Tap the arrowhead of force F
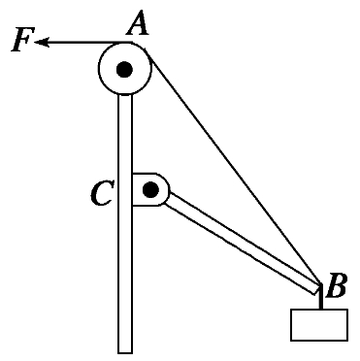[x=42, y=42]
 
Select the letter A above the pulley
[x=138, y=22]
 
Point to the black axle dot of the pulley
[x=124, y=69]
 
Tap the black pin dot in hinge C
[x=150, y=189]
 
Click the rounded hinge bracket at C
[x=150, y=189]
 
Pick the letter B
[x=337, y=286]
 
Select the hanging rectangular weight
[x=319, y=325]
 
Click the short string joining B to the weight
[x=321, y=297]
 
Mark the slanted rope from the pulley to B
[x=233, y=166]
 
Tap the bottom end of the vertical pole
[x=125, y=352]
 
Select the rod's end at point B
[x=317, y=289]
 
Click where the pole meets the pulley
[x=125, y=94]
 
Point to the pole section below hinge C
[x=125, y=279]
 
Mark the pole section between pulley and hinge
[x=125, y=134]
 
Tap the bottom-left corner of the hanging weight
[x=291, y=341]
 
